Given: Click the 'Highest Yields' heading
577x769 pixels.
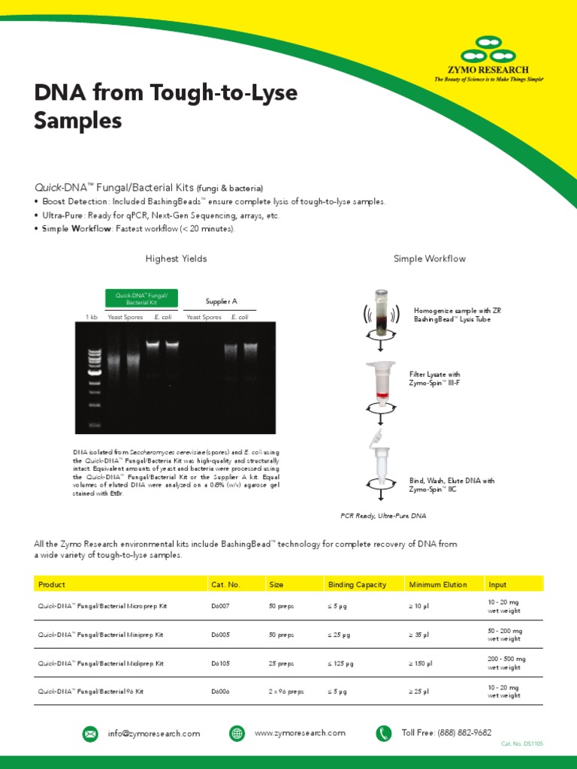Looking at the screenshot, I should click(x=176, y=259).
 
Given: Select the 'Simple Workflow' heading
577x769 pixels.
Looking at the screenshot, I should click(x=429, y=259).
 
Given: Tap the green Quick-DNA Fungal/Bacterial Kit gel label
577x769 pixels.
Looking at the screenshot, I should click(x=141, y=299).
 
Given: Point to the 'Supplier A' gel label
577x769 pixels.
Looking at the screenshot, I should click(x=222, y=301).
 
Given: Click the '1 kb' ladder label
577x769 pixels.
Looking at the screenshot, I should click(x=92, y=318).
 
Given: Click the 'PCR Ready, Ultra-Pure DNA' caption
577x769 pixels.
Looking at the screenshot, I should click(x=383, y=517).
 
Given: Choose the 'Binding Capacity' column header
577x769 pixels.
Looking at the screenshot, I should click(x=357, y=584).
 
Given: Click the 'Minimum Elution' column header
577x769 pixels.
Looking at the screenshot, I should click(x=437, y=584).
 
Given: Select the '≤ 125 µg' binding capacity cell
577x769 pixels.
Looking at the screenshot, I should click(x=340, y=663).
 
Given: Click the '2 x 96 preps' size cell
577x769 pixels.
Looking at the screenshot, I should click(x=286, y=692).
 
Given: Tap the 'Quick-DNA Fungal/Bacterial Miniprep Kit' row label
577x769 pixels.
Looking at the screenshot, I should click(x=102, y=635).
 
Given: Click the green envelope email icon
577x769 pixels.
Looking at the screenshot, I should click(x=90, y=733).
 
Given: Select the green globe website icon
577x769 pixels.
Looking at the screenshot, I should click(x=237, y=733).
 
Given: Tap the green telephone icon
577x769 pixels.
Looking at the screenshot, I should click(x=384, y=733).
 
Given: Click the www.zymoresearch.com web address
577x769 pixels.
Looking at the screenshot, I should click(x=300, y=733).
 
